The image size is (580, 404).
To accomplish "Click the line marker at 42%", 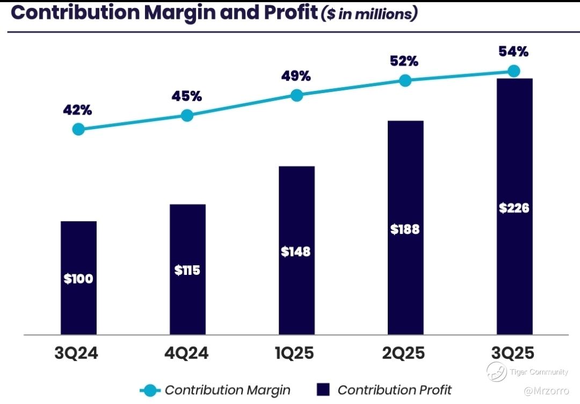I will tap(78, 129).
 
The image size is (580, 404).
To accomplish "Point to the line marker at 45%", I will tap(187, 115).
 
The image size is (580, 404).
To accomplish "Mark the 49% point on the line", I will tap(296, 95).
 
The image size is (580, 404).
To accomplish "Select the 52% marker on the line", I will tap(405, 81).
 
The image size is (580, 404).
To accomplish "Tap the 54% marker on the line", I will tap(514, 71).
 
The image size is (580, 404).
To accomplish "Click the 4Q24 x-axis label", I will tap(186, 353).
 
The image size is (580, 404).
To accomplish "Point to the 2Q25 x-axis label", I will tap(404, 353).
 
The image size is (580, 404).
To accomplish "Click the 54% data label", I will tap(514, 52).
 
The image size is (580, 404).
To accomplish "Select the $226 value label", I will tap(514, 208).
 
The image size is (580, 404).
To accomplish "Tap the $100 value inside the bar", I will tap(78, 279).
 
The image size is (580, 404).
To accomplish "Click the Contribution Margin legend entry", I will tap(215, 390).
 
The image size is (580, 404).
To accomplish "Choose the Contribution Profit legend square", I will tap(323, 390).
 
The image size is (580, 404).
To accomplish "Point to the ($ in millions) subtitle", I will tap(369, 14).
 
